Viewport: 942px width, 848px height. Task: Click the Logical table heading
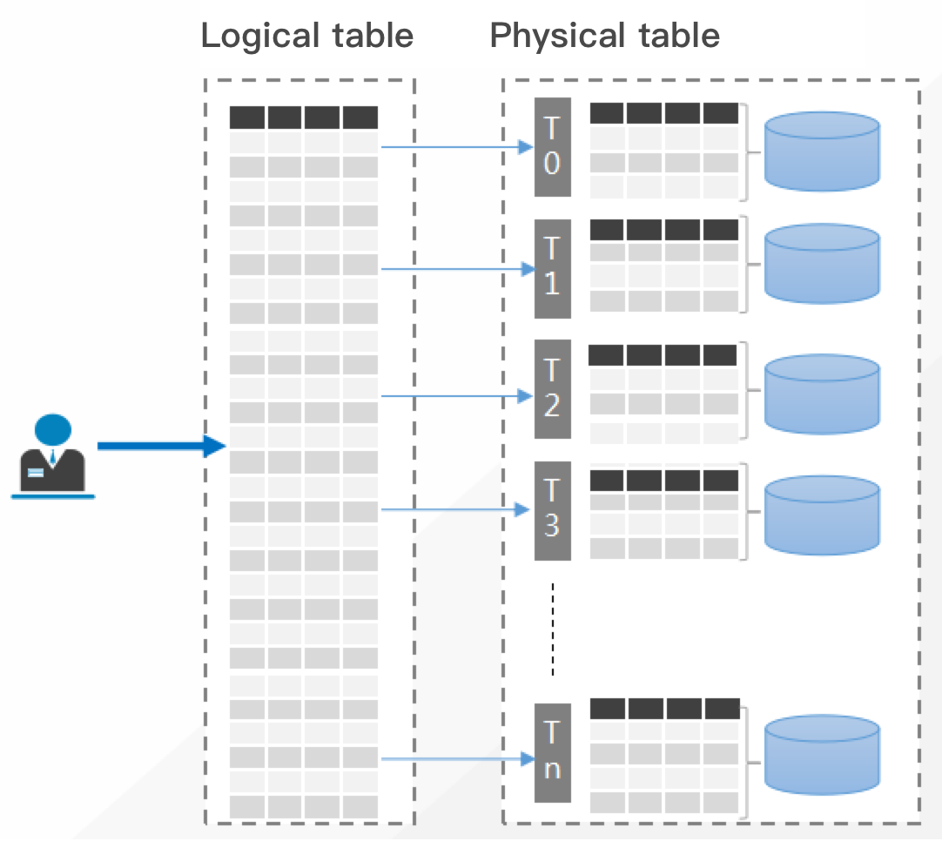point(306,36)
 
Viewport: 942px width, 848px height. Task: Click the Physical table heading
point(604,36)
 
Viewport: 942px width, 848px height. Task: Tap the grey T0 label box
point(552,146)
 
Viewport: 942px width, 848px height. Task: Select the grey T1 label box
point(552,268)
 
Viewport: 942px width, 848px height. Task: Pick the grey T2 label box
point(552,388)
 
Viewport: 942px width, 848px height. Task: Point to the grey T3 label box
point(552,510)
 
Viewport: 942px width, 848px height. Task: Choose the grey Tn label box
point(552,752)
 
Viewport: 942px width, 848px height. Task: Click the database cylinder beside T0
point(821,151)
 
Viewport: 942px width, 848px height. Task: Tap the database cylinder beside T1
point(821,264)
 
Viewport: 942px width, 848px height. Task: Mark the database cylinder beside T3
point(821,515)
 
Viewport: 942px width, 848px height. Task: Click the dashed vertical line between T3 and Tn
point(552,629)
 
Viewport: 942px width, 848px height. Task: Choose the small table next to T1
point(664,266)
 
